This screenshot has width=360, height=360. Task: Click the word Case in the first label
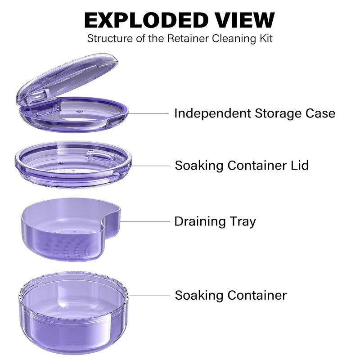(321, 113)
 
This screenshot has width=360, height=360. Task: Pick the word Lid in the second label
(299, 165)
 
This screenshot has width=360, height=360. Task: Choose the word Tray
(243, 221)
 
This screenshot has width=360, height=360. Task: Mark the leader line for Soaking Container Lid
(151, 166)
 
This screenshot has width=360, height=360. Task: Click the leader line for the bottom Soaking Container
(151, 296)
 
